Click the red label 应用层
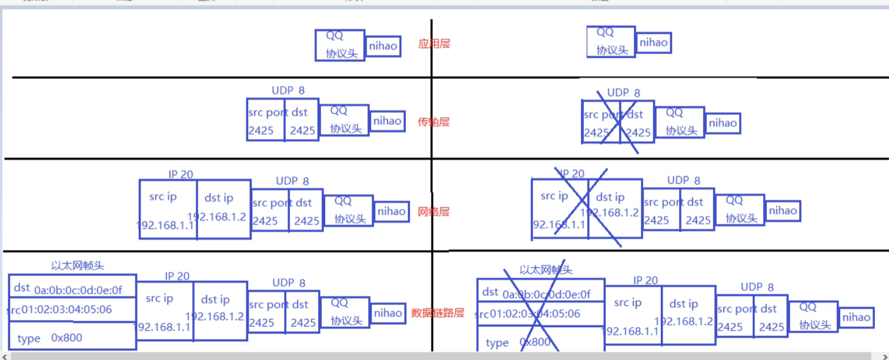(434, 44)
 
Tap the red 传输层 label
(434, 122)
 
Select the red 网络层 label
(433, 212)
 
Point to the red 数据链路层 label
(438, 313)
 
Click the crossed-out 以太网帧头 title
(546, 270)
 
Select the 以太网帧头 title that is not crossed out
(78, 266)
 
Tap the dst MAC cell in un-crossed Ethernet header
(72, 288)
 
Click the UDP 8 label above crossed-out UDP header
(623, 93)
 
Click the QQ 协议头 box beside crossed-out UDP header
(680, 122)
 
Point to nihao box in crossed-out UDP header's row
(722, 123)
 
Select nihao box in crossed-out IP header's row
(783, 211)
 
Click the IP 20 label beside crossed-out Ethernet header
(646, 281)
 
